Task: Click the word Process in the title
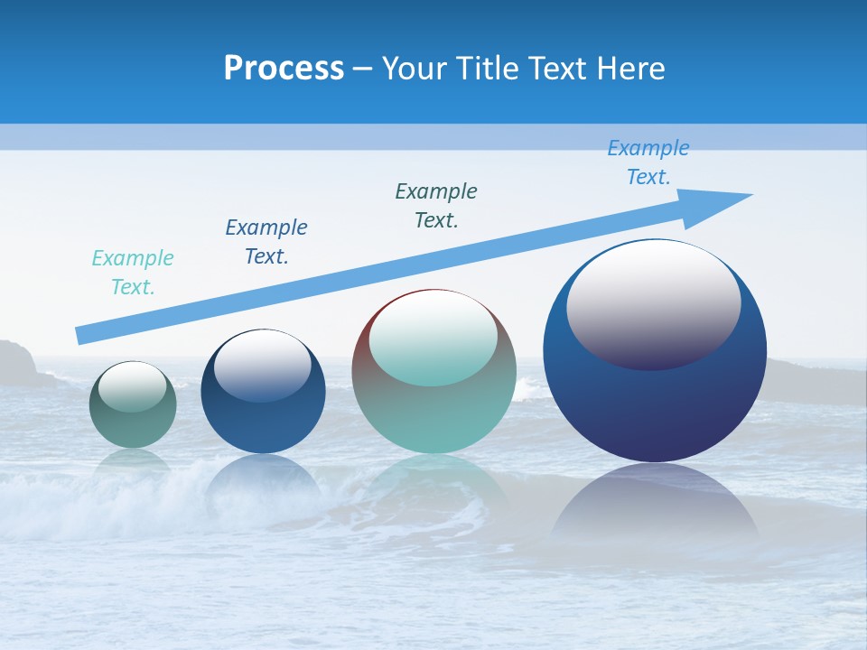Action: pyautogui.click(x=284, y=68)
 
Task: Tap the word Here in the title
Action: pyautogui.click(x=631, y=68)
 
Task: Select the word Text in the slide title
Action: pyautogui.click(x=562, y=68)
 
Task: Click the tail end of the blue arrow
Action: pyautogui.click(x=81, y=334)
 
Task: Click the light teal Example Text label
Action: pyautogui.click(x=133, y=272)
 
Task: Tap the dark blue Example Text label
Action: pyautogui.click(x=266, y=241)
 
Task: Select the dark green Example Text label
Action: pyautogui.click(x=436, y=205)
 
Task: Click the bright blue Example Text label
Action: pyautogui.click(x=648, y=162)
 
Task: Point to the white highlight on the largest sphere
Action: pyautogui.click(x=653, y=302)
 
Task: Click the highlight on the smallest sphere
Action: pyautogui.click(x=133, y=386)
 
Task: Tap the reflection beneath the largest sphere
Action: pyautogui.click(x=655, y=510)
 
